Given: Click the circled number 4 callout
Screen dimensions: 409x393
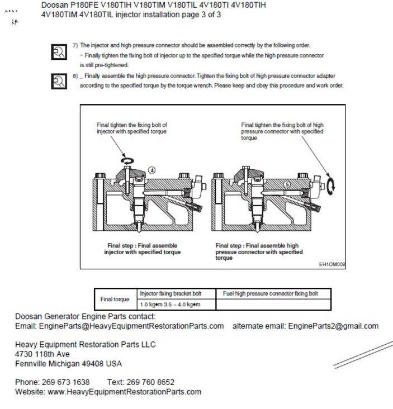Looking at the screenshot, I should [151, 170].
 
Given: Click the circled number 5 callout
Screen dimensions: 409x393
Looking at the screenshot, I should [287, 184].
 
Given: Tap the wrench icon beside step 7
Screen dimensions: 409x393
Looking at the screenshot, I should [58, 53].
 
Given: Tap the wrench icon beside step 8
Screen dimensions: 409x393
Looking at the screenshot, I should [58, 82].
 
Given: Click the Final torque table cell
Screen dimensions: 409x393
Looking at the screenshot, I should [115, 299].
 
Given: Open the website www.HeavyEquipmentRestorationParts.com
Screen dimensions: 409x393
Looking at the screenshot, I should [124, 392].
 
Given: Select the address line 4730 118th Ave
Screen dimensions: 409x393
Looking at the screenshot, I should [42, 354].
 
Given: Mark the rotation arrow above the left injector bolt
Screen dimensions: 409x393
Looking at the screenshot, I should [128, 160].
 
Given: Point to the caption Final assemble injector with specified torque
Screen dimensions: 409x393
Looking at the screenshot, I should [142, 249].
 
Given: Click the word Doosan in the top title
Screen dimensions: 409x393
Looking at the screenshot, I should [55, 5].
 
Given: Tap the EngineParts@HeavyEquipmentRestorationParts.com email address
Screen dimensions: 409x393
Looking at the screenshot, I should [131, 326].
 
